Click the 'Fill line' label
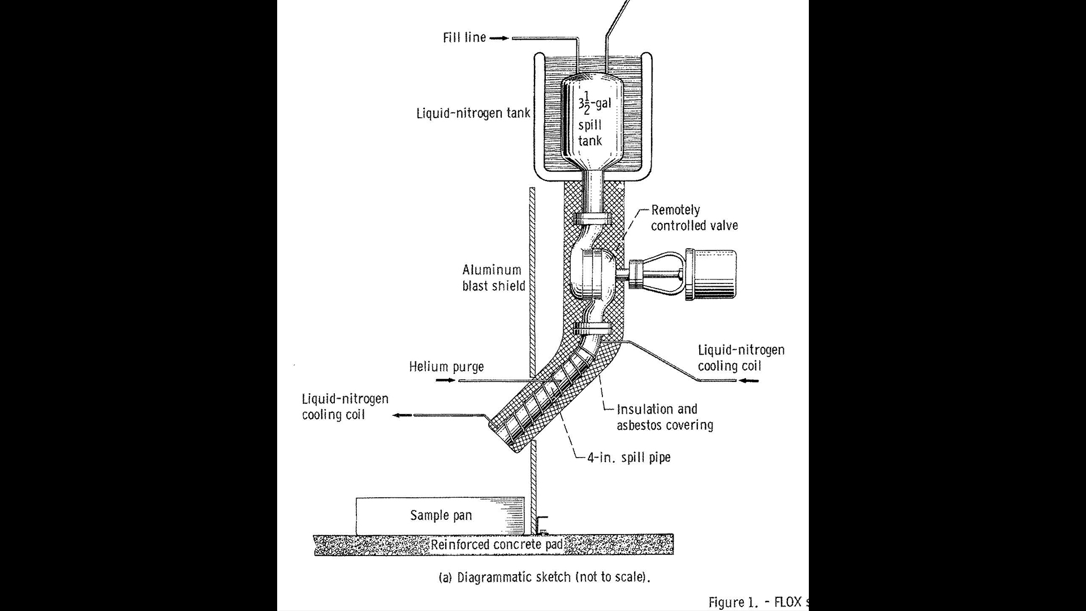point(464,38)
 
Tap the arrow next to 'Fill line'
point(499,38)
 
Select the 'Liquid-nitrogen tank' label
point(473,113)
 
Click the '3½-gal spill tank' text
point(591,122)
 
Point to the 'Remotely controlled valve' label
point(694,218)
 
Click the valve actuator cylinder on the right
point(714,274)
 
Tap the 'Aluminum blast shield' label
point(493,278)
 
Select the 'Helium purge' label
point(446,367)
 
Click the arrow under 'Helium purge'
point(446,381)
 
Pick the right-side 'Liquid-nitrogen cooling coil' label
point(741,358)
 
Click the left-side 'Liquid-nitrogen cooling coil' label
point(345,406)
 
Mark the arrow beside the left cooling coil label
point(403,415)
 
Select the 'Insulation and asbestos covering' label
point(664,417)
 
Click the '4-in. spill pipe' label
point(628,457)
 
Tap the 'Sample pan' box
point(441,515)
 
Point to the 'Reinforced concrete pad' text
point(497,545)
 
